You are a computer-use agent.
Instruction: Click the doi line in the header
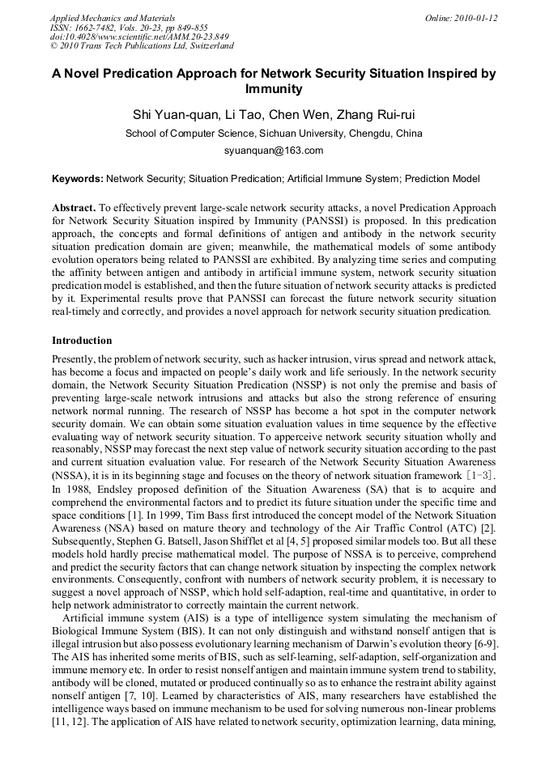[x=139, y=36]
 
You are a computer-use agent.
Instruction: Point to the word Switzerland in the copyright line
[x=208, y=46]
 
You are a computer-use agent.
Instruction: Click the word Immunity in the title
[x=274, y=90]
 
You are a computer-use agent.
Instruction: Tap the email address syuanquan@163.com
[x=274, y=151]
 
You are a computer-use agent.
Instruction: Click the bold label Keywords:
[x=78, y=179]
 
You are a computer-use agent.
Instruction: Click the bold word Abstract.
[x=74, y=208]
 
